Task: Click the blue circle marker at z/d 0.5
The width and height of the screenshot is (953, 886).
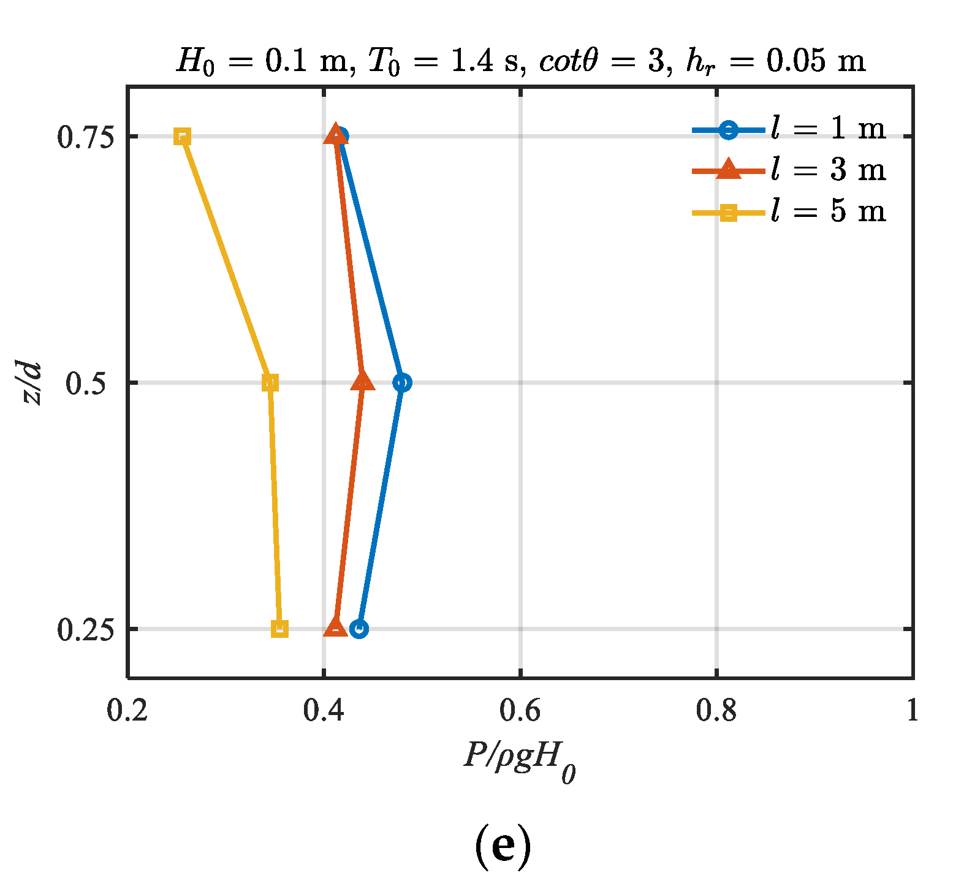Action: point(402,383)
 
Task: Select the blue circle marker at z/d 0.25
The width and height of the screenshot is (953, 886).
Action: point(359,629)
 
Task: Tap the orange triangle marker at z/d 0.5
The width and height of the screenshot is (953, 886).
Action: point(363,382)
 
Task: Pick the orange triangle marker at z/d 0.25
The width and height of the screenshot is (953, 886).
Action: point(335,627)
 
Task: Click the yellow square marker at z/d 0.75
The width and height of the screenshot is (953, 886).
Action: point(182,137)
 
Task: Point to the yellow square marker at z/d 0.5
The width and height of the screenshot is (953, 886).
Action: point(270,383)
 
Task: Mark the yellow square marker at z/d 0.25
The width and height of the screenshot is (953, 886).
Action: point(279,629)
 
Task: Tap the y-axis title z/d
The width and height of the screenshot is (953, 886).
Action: point(31,383)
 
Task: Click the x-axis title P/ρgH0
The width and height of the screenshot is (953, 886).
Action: point(520,760)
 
